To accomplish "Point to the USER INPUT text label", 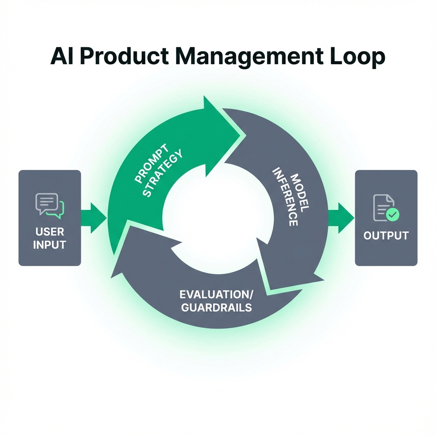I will click(x=50, y=238).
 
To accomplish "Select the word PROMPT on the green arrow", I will click(x=152, y=164).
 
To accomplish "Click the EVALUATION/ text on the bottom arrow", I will click(x=216, y=294).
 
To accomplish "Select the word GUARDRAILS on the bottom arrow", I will click(x=216, y=307).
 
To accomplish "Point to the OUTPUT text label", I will click(x=386, y=235).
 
